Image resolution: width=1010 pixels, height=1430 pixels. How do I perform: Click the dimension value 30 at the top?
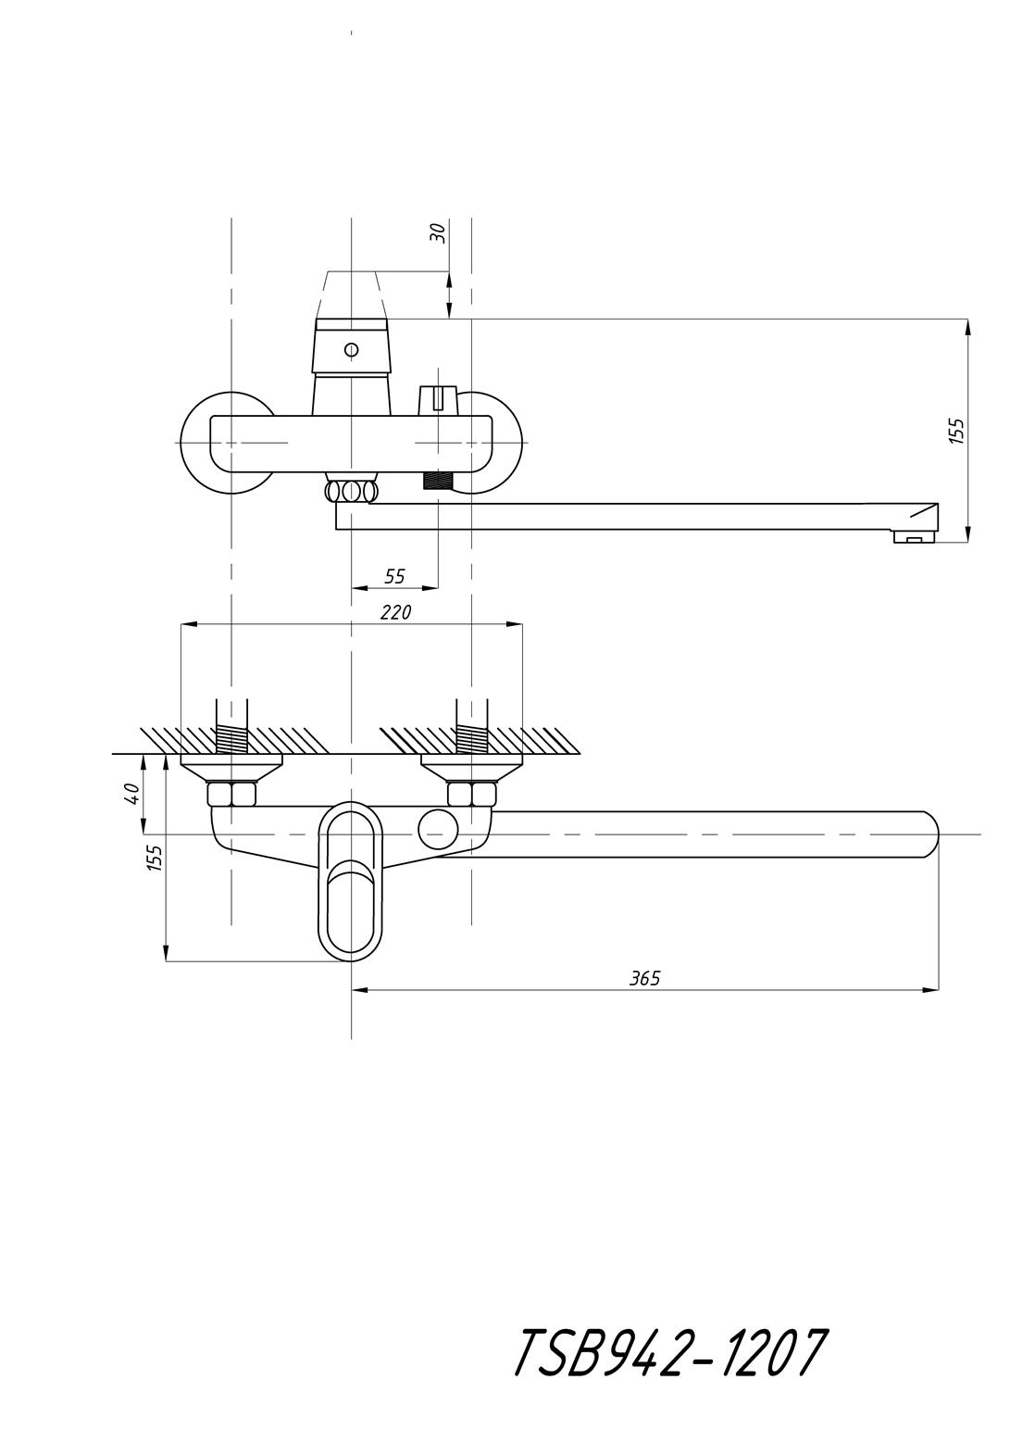(x=438, y=233)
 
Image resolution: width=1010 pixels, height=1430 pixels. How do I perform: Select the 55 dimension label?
(x=395, y=576)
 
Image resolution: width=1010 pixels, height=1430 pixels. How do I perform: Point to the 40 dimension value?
(x=132, y=794)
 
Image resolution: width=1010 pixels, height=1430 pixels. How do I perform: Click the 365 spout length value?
(x=645, y=996)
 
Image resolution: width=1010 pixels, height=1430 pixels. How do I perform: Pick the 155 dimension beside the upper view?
(x=956, y=431)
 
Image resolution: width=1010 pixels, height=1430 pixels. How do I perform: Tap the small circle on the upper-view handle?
(x=351, y=350)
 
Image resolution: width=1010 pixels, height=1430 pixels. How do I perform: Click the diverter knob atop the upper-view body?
(x=438, y=399)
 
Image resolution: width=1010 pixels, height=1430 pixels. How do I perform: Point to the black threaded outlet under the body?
(x=438, y=479)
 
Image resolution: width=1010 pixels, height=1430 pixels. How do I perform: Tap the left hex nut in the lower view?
(x=231, y=794)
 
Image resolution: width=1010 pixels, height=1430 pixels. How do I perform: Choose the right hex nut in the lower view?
(x=471, y=794)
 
